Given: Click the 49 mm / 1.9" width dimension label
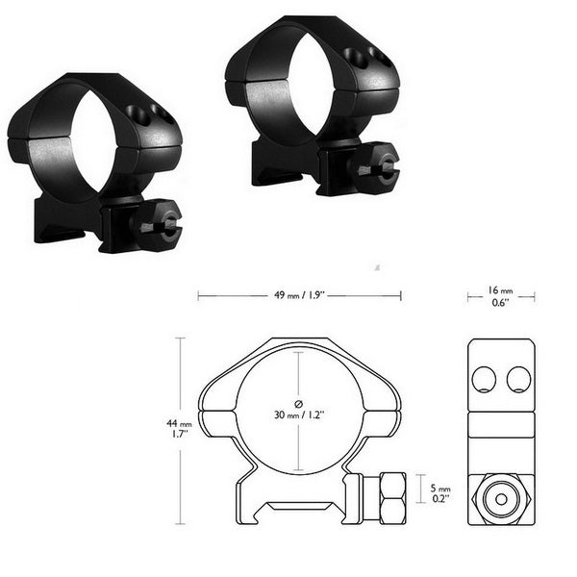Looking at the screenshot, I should coord(297,296).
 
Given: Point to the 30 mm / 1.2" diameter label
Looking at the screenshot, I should coord(300,415).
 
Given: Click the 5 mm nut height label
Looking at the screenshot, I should coord(439,488).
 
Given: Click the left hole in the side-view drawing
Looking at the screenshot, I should coord(484,379).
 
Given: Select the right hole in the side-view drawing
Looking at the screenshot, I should coord(518,379).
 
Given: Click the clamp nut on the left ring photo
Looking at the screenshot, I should coord(159,224).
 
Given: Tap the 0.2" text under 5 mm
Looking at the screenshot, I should coord(439,501).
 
